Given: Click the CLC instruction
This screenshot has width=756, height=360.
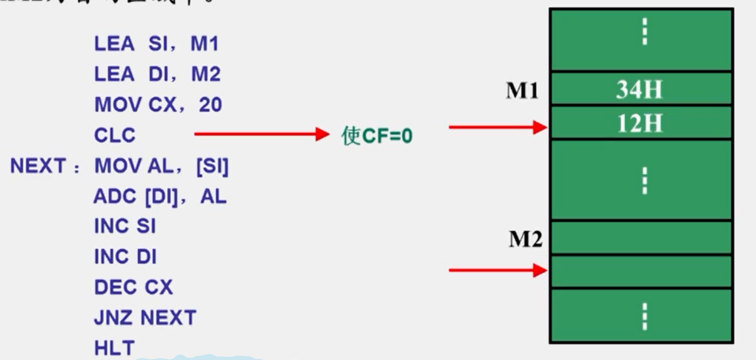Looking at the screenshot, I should (115, 136).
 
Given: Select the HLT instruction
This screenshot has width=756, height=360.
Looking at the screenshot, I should (114, 349).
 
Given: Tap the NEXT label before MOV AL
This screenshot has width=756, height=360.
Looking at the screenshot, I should (38, 166).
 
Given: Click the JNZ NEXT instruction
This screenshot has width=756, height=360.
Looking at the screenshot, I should (145, 318).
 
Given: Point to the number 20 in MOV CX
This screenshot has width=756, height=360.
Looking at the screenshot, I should (210, 105).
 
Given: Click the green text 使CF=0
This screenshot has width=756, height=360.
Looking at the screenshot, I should (377, 136).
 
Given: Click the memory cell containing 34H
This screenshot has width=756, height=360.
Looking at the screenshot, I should (640, 89).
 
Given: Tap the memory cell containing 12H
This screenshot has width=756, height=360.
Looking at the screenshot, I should (640, 123).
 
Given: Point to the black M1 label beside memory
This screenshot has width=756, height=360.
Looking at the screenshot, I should (522, 91).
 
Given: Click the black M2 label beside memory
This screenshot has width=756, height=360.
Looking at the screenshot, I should (526, 240).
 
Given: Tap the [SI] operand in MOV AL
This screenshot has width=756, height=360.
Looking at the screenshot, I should (212, 166).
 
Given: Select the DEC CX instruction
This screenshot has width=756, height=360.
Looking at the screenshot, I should (134, 288).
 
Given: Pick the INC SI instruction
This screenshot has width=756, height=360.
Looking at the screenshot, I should (125, 226).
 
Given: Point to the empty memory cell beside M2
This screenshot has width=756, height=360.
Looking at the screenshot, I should (640, 238).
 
